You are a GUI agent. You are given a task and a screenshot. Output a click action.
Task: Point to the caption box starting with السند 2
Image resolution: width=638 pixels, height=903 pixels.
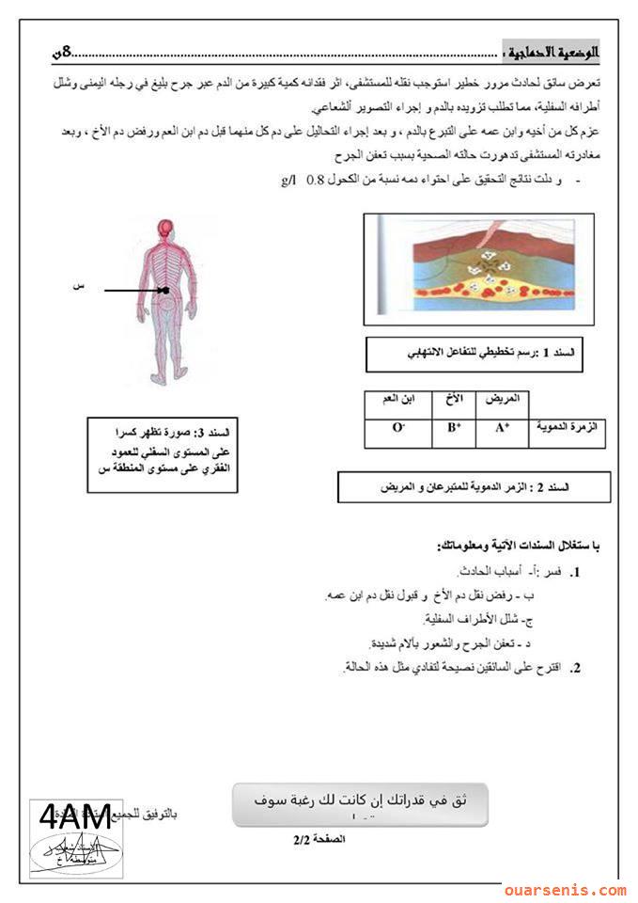(474, 487)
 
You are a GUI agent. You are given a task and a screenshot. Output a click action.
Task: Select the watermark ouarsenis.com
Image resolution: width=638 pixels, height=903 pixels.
(564, 889)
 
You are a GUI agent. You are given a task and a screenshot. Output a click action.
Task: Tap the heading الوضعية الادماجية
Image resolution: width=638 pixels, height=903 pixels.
(556, 50)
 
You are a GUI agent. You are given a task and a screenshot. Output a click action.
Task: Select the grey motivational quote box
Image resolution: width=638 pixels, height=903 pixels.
(359, 803)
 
